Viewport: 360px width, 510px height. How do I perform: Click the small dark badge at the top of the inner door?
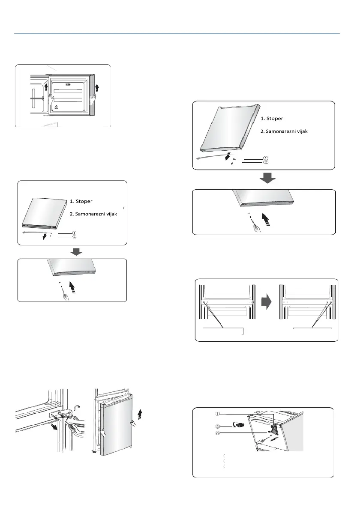(69, 85)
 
